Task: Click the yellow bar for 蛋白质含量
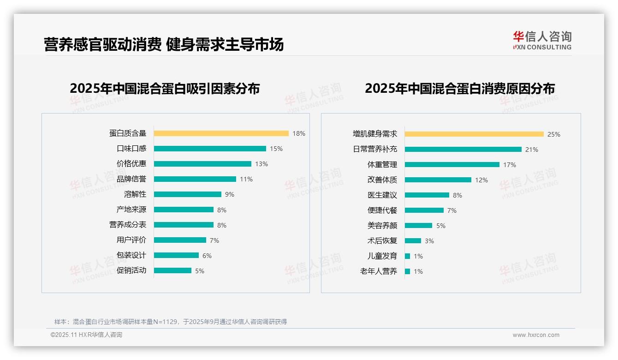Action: [221, 133]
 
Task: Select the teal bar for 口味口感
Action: [210, 149]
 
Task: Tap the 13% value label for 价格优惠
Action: [261, 164]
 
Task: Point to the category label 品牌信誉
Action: [131, 179]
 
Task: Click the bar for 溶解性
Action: [187, 194]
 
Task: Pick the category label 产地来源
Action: [131, 210]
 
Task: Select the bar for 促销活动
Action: [172, 270]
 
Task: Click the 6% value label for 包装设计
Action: [207, 255]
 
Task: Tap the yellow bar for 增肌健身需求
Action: [474, 134]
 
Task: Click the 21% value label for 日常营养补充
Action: [532, 150]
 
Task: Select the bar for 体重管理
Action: [452, 165]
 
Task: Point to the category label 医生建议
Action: [382, 195]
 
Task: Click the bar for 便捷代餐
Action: [424, 210]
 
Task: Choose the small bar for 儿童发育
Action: [407, 256]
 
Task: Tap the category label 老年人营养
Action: [379, 271]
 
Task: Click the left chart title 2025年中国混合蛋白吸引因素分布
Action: [165, 88]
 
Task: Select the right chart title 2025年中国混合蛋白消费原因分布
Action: [459, 88]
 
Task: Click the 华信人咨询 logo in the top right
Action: [542, 40]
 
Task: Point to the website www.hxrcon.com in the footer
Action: [536, 335]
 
